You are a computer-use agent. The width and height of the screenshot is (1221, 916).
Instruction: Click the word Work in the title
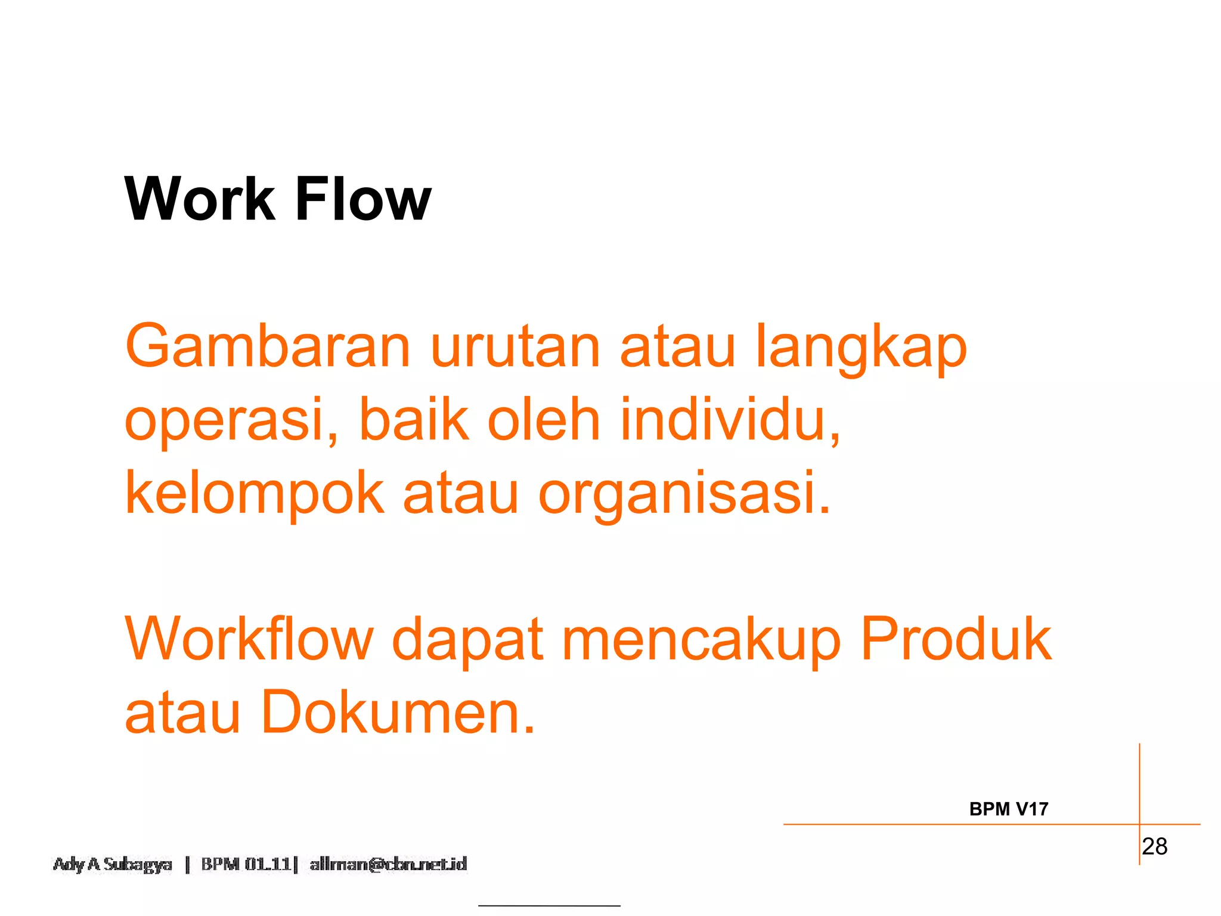199,199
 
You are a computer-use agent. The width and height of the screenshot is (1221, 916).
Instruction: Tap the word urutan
515,348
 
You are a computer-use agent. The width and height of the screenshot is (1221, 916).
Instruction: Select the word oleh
543,420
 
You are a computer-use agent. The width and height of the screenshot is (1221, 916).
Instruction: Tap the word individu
730,420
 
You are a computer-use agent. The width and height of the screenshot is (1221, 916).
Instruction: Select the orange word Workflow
249,639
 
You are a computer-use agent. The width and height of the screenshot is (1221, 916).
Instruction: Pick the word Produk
956,639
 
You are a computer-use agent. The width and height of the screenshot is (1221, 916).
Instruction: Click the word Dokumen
398,713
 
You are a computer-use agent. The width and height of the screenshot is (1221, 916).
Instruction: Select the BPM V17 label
1008,809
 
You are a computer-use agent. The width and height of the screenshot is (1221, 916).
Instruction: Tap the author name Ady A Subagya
112,864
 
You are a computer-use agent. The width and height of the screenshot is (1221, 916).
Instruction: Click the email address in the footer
388,864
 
